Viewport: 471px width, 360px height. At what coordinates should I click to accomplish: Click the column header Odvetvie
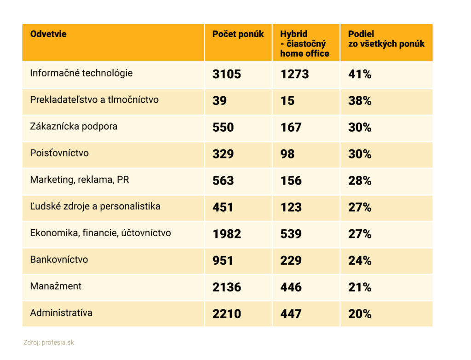pyautogui.click(x=48, y=34)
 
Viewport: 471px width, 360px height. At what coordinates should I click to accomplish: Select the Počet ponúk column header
pyautogui.click(x=238, y=34)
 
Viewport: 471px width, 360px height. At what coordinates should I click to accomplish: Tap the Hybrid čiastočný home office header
pyautogui.click(x=304, y=44)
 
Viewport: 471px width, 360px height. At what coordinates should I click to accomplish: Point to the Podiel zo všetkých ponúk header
pyautogui.click(x=386, y=39)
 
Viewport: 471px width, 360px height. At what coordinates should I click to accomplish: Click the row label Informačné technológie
pyautogui.click(x=81, y=73)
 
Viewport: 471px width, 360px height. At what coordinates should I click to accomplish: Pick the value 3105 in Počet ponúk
pyautogui.click(x=226, y=74)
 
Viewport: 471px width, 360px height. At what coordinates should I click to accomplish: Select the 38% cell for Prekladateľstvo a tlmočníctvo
pyautogui.click(x=360, y=101)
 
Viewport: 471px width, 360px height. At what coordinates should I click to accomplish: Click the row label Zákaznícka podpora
pyautogui.click(x=74, y=126)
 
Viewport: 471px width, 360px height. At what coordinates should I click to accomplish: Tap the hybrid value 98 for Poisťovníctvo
pyautogui.click(x=287, y=154)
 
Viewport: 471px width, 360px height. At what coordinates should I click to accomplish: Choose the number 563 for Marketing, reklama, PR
pyautogui.click(x=223, y=180)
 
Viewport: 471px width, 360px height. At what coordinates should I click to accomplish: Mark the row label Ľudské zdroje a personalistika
pyautogui.click(x=95, y=206)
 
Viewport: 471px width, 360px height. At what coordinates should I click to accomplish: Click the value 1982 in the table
pyautogui.click(x=226, y=234)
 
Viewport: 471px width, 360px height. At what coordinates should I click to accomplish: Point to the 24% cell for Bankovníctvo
pyautogui.click(x=360, y=261)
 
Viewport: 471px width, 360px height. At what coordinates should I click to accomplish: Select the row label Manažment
pyautogui.click(x=56, y=286)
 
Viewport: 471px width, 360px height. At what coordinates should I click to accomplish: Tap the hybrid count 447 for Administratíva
pyautogui.click(x=291, y=314)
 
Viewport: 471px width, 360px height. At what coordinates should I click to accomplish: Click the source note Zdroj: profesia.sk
pyautogui.click(x=48, y=343)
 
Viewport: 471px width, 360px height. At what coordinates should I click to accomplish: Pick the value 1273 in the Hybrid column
pyautogui.click(x=294, y=74)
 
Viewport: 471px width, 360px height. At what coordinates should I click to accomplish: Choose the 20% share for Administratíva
pyautogui.click(x=360, y=314)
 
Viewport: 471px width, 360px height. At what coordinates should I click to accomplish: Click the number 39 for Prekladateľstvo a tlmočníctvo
pyautogui.click(x=219, y=101)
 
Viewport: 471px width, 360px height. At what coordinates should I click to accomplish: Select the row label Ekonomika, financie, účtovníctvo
pyautogui.click(x=100, y=233)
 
